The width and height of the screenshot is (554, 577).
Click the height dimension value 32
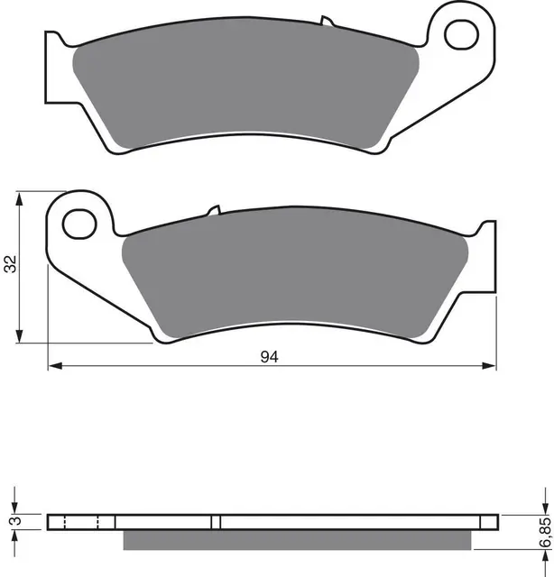[11, 265]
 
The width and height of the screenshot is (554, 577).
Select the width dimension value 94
[268, 357]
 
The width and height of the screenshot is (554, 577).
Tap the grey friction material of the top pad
[244, 90]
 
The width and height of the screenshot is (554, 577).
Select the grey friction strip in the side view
[298, 539]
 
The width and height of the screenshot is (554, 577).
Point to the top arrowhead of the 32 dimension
[21, 197]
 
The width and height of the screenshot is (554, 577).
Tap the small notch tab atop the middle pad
[213, 212]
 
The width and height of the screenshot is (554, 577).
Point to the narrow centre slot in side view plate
[216, 521]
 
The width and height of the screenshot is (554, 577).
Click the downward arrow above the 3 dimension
[14, 504]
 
